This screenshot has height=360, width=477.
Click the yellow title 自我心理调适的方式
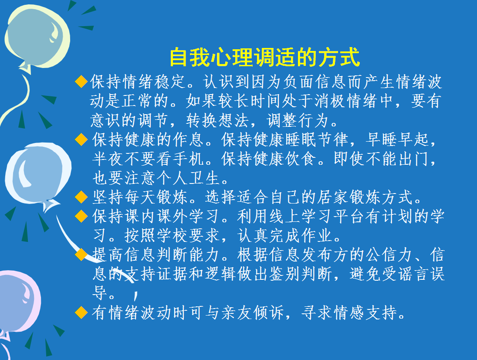(x=265, y=57)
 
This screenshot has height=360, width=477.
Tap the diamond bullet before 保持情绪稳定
(x=81, y=82)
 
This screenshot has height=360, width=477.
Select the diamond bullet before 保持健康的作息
(x=81, y=139)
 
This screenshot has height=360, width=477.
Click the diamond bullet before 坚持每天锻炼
(x=81, y=197)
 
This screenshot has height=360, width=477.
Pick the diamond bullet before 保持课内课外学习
(x=81, y=216)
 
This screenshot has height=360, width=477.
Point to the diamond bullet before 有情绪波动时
(x=81, y=312)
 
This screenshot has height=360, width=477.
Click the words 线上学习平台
(x=309, y=216)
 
